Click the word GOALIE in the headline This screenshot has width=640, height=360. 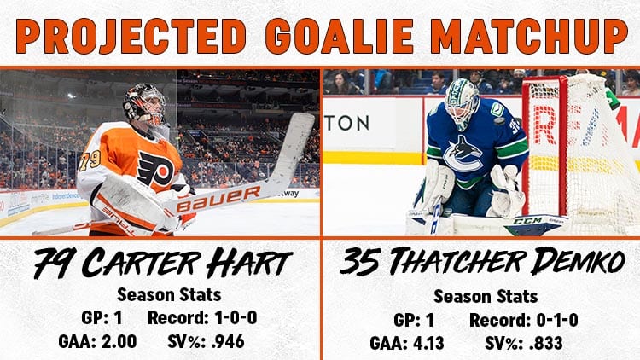pos(340,36)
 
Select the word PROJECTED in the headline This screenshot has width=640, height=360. pos(131,36)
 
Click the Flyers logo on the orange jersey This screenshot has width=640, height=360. pos(155,168)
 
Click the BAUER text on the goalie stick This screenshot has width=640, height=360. pos(219,199)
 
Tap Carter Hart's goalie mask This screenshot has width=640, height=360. pos(146,105)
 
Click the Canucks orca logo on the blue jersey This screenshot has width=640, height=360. pos(463,154)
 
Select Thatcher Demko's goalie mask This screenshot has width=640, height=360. pos(462,102)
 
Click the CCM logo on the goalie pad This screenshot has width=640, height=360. pos(527,221)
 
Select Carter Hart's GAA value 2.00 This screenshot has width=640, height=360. pos(119,341)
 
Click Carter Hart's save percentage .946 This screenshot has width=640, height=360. pos(228,341)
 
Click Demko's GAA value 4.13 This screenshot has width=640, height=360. pos(428,343)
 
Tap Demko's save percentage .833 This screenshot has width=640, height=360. pos(546,343)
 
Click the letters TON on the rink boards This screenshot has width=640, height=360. pos(347,123)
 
